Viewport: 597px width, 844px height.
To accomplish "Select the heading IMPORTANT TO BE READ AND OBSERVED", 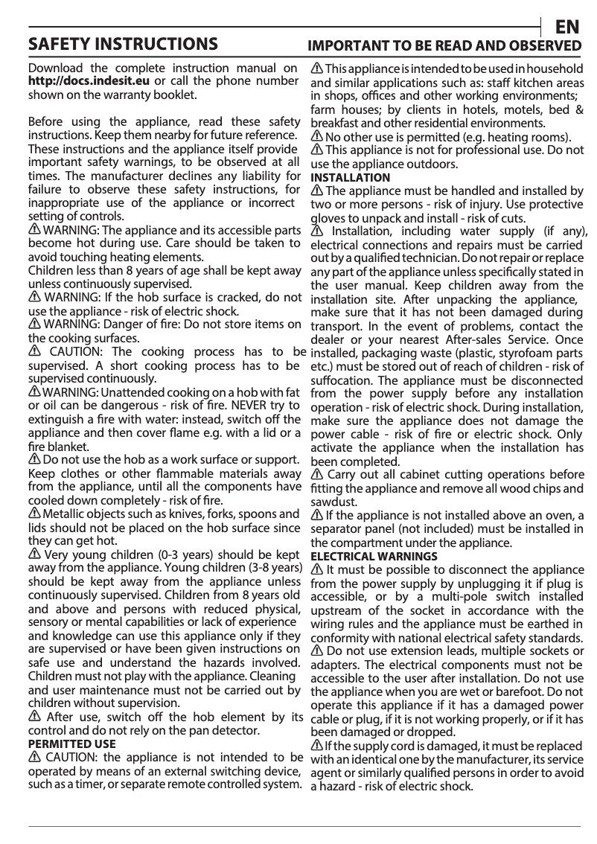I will click(x=445, y=45).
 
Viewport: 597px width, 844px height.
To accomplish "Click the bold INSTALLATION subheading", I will click(x=350, y=178).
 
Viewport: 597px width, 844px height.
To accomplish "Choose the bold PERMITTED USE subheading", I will click(x=71, y=744).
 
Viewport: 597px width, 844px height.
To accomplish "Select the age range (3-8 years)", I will click(x=269, y=569).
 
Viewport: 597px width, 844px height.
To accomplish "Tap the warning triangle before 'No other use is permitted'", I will click(x=316, y=137).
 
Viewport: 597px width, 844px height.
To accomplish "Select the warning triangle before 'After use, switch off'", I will click(x=34, y=717).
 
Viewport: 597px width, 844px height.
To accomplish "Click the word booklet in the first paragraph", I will click(x=176, y=95).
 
